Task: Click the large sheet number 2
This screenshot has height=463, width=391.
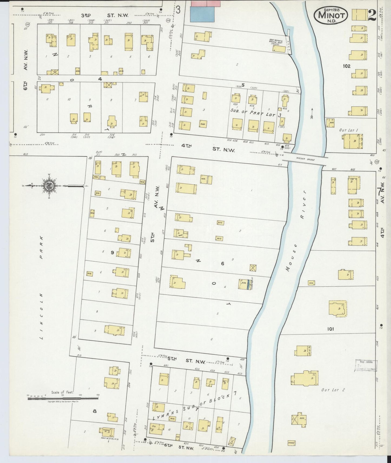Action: tap(372, 15)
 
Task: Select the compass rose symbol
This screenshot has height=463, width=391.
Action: tap(50, 185)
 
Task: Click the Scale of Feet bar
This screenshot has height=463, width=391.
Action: tap(63, 398)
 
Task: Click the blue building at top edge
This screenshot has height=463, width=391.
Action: tap(203, 14)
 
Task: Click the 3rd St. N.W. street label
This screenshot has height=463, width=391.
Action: tap(105, 16)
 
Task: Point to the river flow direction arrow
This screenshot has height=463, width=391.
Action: tap(312, 113)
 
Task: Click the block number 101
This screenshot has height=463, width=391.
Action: tap(330, 329)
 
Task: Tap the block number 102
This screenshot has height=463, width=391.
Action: tap(346, 66)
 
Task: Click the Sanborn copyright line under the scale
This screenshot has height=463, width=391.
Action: tap(63, 402)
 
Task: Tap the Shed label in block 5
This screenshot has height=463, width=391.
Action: tap(203, 125)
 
